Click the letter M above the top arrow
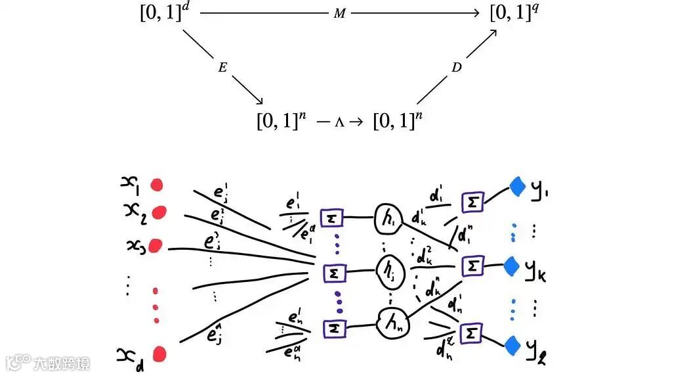pyautogui.click(x=339, y=14)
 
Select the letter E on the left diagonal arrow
pyautogui.click(x=222, y=68)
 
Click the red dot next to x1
pyautogui.click(x=157, y=185)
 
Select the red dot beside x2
pyautogui.click(x=158, y=213)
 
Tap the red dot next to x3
pyautogui.click(x=155, y=246)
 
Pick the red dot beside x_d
pyautogui.click(x=159, y=355)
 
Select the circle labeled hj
pyautogui.click(x=387, y=269)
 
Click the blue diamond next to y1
pyautogui.click(x=518, y=187)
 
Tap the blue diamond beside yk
pyautogui.click(x=512, y=266)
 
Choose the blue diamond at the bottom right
pyautogui.click(x=513, y=343)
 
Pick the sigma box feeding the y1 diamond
pyautogui.click(x=472, y=202)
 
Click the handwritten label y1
pyautogui.click(x=539, y=191)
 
